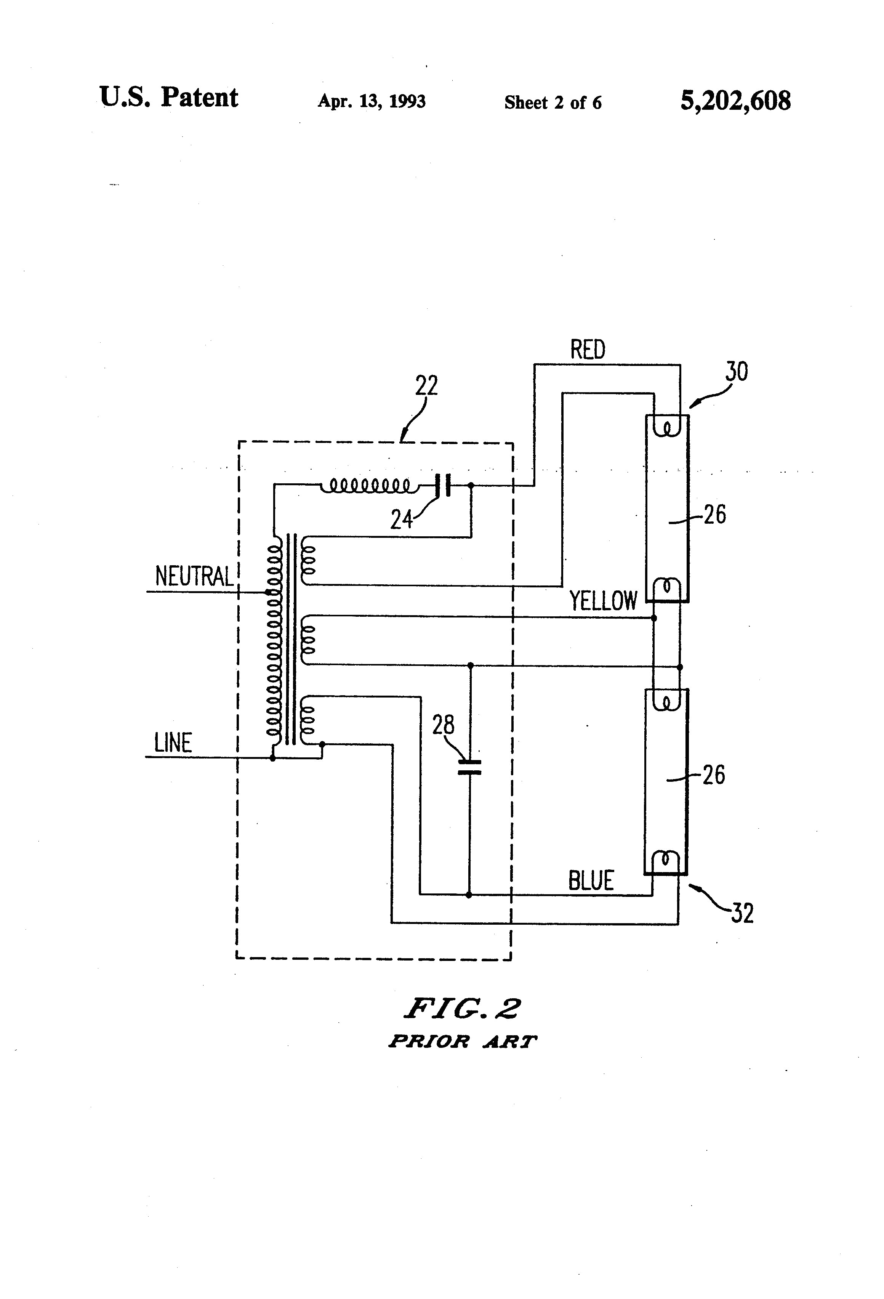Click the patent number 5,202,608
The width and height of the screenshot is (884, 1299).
tap(735, 101)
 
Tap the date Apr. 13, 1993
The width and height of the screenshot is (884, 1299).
tap(372, 101)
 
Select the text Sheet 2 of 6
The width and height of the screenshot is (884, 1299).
tap(552, 102)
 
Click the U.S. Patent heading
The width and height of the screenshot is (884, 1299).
tap(169, 98)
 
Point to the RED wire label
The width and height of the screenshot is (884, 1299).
tap(587, 350)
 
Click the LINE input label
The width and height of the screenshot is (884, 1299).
tap(173, 743)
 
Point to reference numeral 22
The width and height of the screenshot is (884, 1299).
tap(426, 386)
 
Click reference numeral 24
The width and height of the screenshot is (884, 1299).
tap(401, 520)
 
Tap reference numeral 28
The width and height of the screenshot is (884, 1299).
tap(443, 725)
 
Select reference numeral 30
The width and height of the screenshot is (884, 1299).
tap(737, 372)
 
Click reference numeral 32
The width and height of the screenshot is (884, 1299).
tap(742, 913)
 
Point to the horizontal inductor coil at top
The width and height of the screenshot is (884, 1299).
tap(369, 485)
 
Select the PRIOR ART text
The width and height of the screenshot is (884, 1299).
tap(462, 1041)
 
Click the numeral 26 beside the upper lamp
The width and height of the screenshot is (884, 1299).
tap(714, 514)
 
